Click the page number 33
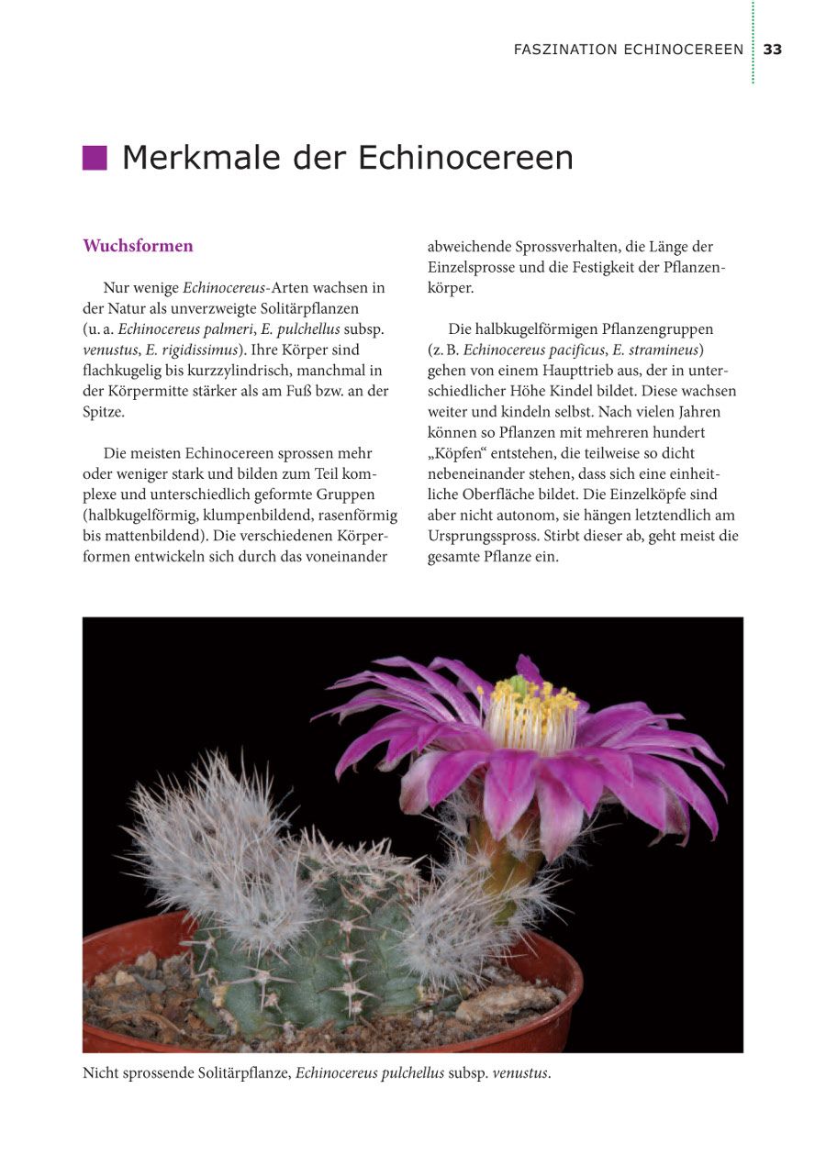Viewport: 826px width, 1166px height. pos(773,50)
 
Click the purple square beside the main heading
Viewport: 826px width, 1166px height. pos(95,158)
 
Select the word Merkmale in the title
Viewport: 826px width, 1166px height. pos(201,158)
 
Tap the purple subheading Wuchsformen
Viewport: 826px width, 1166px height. pos(138,246)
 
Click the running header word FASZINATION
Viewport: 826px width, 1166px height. pos(564,50)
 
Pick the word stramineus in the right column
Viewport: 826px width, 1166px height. pos(667,350)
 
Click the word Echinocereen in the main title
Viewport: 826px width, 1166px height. pos(465,158)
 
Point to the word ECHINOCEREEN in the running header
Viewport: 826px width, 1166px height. pos(683,50)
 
